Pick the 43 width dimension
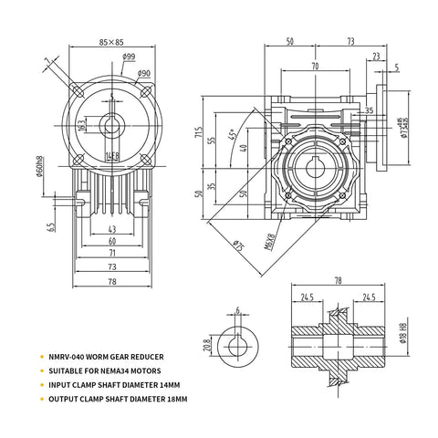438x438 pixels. point(111,228)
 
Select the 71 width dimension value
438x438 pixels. point(112,254)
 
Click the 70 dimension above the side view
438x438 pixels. point(315,67)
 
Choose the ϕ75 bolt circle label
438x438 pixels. point(238,245)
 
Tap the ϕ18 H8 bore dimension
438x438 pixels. point(402,339)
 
